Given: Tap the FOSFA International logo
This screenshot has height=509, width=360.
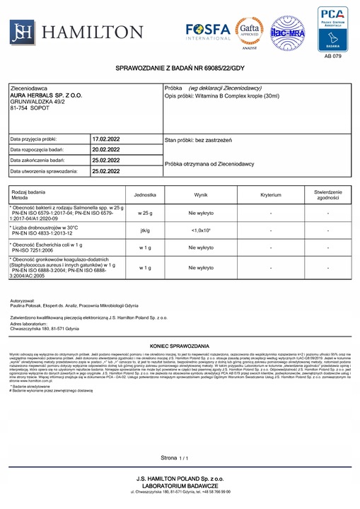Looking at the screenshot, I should pos(209,31).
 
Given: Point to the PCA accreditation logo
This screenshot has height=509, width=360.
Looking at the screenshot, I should pos(332,28).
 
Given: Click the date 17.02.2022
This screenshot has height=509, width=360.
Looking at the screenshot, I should pos(106,140).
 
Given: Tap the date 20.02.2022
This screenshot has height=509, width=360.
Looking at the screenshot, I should pos(106,150).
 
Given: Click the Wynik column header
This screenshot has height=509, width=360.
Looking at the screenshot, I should pos(201,194).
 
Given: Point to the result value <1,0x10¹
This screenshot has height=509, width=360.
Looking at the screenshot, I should pos(201,230).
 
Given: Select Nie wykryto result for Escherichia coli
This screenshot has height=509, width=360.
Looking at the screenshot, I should pos(201,247).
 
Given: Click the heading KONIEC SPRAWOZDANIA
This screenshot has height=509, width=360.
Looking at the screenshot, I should pos(180,339).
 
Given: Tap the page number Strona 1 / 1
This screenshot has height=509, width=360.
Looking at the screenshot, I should pos(176,458).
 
